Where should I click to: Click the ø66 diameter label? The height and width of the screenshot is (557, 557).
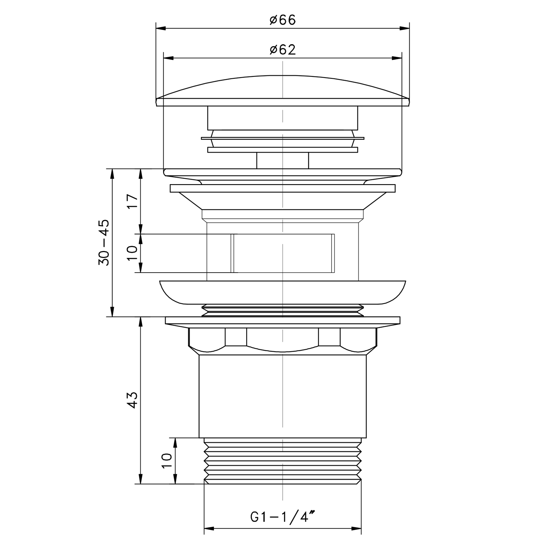coord(283,20)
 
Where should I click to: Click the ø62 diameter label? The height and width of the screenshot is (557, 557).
coord(283,49)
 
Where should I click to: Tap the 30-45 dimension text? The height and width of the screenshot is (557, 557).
coord(104,242)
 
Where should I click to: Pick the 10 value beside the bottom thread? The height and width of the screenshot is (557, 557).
coord(167,461)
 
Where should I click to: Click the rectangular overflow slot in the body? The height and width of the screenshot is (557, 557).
coord(283,253)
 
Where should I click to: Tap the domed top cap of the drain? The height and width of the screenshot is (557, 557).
coord(283,89)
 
